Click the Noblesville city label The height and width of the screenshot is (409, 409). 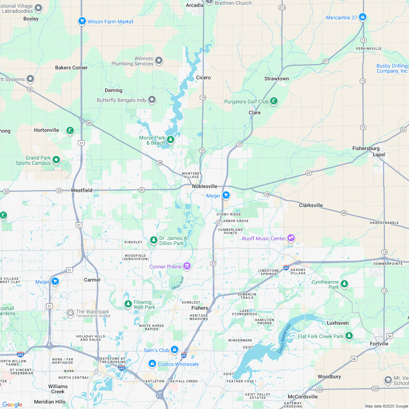pos(204,186)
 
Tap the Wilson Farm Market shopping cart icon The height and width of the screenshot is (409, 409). pos(82,21)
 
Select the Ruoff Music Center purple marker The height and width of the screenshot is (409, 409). pos(291,238)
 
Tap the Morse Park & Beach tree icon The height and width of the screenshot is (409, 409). pos(170,139)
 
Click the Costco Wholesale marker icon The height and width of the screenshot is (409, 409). pos(152,364)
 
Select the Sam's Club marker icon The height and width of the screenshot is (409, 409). pos(175,350)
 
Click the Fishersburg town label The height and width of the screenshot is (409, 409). pos(366,148)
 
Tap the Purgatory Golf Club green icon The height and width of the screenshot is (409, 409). pos(274,101)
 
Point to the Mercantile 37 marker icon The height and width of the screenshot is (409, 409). pos(362,17)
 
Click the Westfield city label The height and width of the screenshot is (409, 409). pos(81,190)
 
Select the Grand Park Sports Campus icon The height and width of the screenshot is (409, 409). pos(56,160)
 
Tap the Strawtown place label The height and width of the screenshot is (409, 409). pos(276,79)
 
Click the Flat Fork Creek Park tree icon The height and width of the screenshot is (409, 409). pos(349,336)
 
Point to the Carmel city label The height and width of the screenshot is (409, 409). pos(92,280)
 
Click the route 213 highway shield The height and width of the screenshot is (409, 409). pos(282,7)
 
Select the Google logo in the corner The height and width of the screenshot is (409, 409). pos(12,404)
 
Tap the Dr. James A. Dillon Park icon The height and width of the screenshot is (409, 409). pos(154,240)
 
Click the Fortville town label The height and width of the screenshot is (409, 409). pos(379,344)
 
